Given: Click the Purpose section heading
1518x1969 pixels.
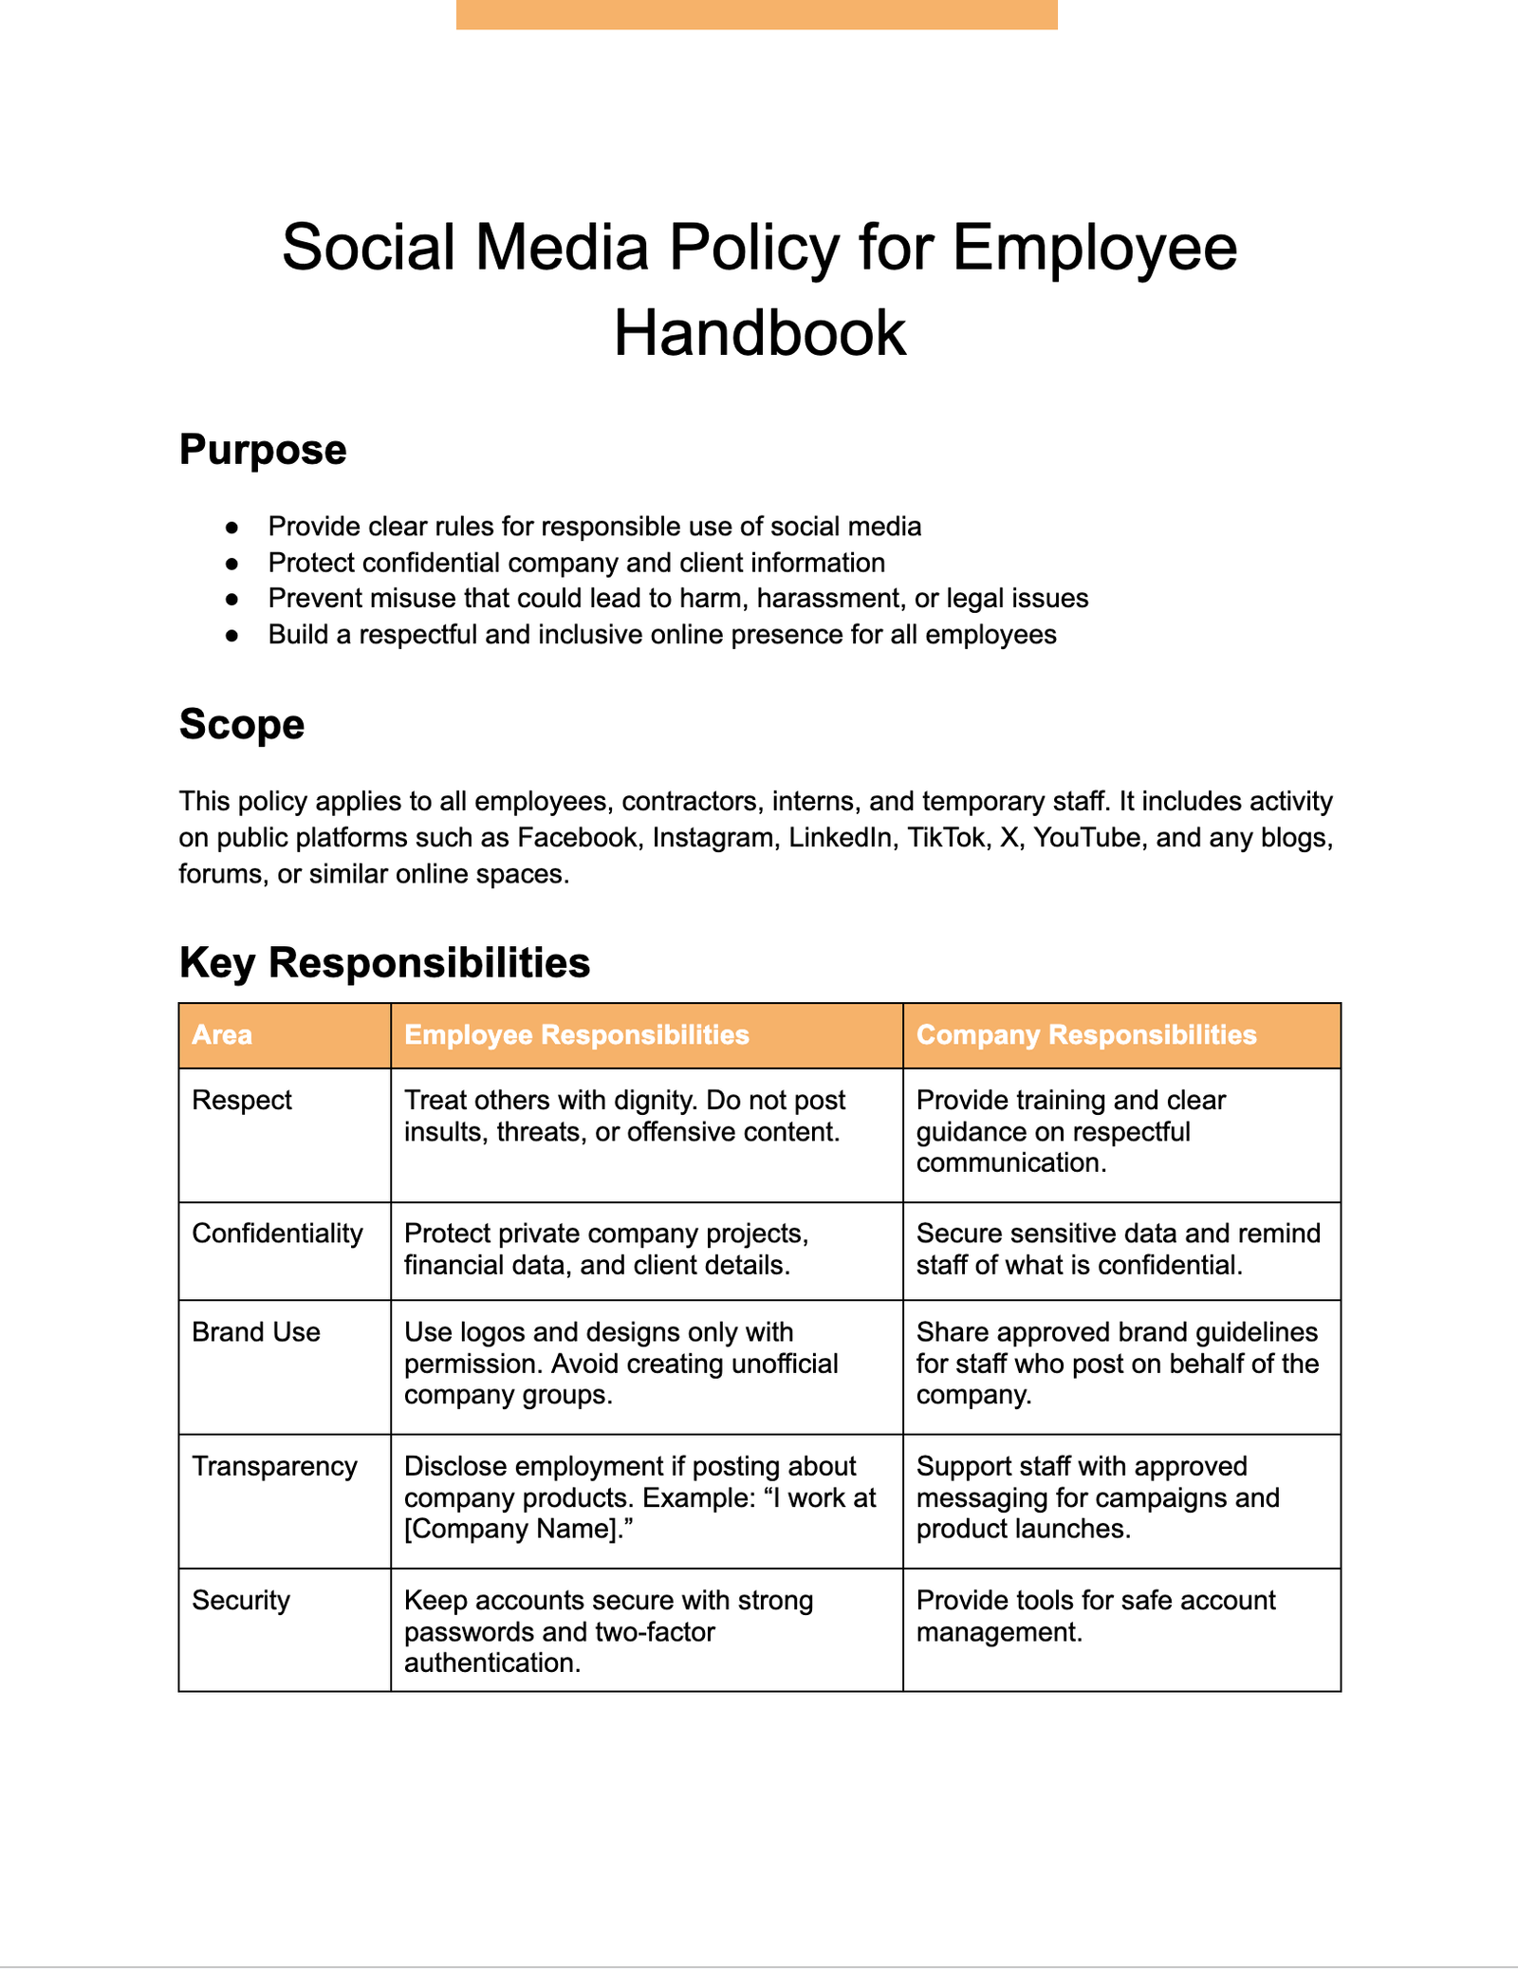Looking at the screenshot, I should click(263, 450).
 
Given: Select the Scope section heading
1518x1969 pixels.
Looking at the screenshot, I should click(242, 724).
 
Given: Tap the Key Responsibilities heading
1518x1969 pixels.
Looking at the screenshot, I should click(384, 962).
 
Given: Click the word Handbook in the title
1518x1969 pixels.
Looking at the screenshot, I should click(759, 333).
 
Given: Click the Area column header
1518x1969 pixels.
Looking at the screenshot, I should click(222, 1034).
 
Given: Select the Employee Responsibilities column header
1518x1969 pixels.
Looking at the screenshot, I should click(576, 1034).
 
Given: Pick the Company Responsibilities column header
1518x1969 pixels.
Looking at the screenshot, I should click(1085, 1034).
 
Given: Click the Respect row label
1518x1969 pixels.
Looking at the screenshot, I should click(242, 1100).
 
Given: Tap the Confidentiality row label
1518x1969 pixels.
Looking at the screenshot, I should click(277, 1233).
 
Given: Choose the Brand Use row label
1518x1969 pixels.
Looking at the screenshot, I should click(256, 1332).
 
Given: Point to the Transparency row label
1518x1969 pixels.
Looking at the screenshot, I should click(274, 1466).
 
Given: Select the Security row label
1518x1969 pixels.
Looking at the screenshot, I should click(241, 1600).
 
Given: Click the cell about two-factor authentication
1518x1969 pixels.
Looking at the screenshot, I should click(607, 1631).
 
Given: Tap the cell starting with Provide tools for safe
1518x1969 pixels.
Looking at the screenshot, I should click(1095, 1615).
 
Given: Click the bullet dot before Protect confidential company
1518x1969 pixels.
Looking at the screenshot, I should click(231, 564).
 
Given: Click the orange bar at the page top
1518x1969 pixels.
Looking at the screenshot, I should click(756, 14).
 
